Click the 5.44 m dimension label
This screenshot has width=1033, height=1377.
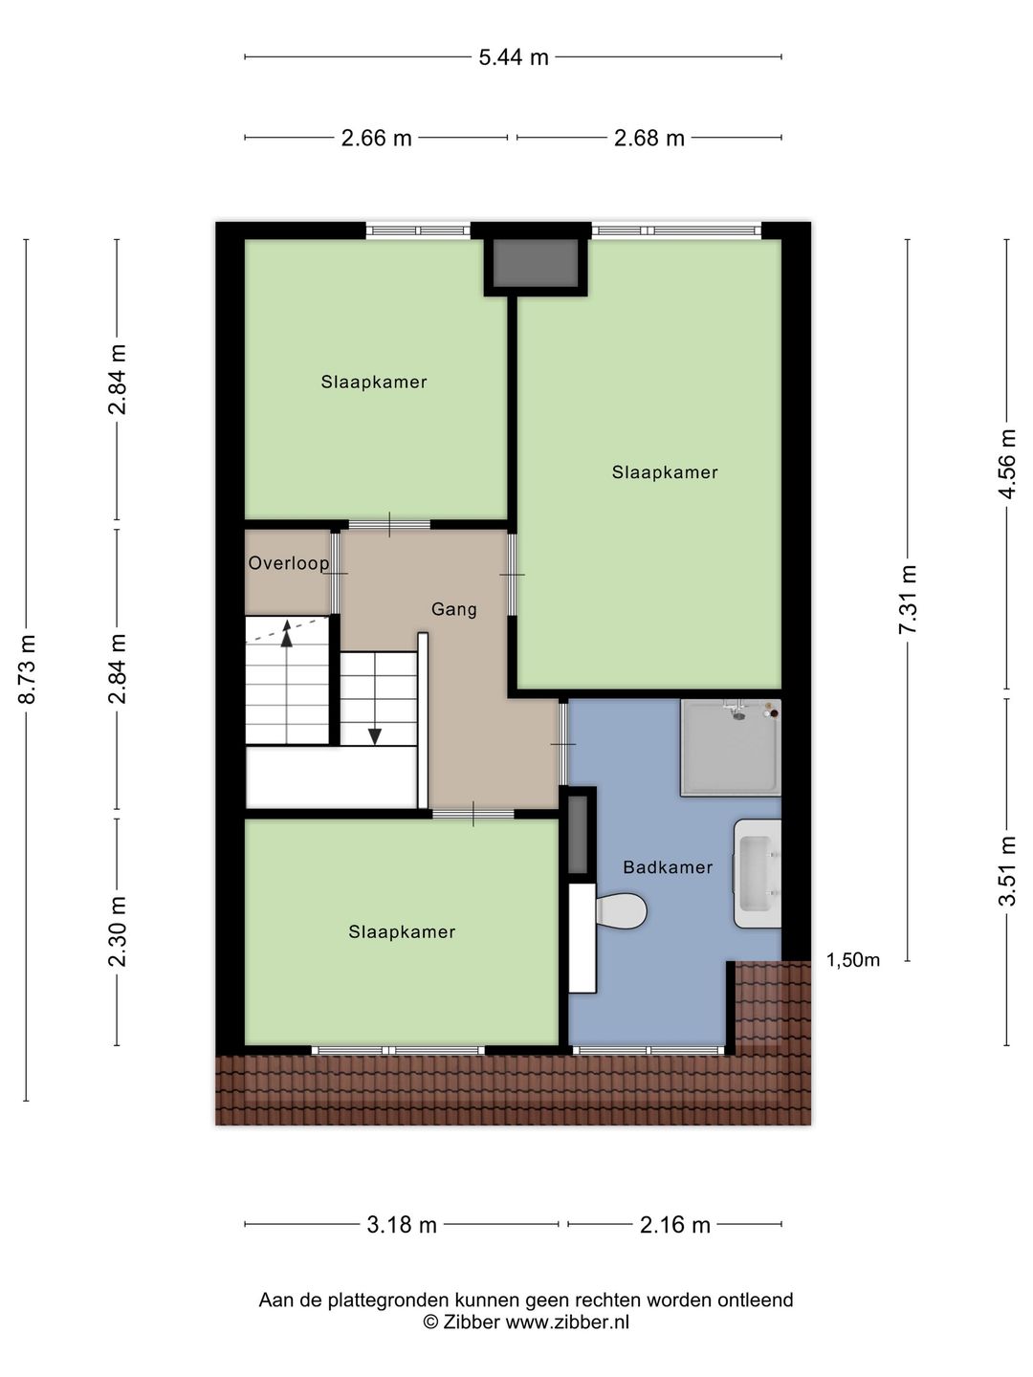point(514,57)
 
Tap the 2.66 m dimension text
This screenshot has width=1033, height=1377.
point(376,139)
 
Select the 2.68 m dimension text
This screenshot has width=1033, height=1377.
point(649,139)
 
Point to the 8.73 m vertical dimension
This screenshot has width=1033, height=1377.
point(27,669)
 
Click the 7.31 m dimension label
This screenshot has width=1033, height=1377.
point(908,600)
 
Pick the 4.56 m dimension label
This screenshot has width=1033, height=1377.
point(1007,464)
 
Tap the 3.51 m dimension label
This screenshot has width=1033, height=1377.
point(1007,871)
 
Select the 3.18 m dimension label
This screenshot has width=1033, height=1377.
point(402,1225)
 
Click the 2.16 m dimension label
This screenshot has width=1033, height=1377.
point(675,1225)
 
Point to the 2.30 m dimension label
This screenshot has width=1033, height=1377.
point(118,931)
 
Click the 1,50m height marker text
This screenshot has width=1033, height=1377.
point(853,960)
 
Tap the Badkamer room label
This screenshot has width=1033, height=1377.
point(668,867)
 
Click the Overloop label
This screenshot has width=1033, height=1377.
point(289,563)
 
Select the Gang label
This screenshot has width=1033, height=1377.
point(453,609)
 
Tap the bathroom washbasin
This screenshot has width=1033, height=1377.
point(758,872)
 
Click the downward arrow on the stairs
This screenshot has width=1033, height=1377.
point(375,734)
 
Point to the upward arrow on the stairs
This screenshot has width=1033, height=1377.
point(286,635)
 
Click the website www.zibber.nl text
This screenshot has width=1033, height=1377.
point(567,1322)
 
